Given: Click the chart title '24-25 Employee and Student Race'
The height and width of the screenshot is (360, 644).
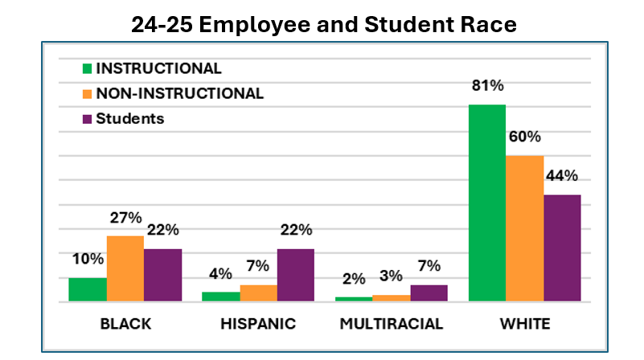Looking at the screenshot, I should pyautogui.click(x=324, y=25).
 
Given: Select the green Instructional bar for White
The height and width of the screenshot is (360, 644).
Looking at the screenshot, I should pyautogui.click(x=486, y=203).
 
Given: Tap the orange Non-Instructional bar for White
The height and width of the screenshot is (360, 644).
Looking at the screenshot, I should pyautogui.click(x=524, y=228).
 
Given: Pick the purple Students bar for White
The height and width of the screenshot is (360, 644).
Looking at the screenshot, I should pyautogui.click(x=561, y=248).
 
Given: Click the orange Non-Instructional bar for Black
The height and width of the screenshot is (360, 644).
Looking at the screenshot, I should pyautogui.click(x=125, y=269).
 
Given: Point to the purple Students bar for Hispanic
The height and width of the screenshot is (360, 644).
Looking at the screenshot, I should pyautogui.click(x=295, y=276).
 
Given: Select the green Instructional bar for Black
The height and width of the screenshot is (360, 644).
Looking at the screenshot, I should pyautogui.click(x=88, y=289).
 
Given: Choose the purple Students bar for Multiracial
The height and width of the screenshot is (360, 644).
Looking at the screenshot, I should pyautogui.click(x=429, y=293).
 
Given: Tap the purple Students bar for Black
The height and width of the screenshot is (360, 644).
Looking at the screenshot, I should pyautogui.click(x=162, y=276).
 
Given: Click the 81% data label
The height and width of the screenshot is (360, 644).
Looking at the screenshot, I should pyautogui.click(x=487, y=86).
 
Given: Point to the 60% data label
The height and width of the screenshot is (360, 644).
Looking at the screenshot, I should pyautogui.click(x=524, y=137).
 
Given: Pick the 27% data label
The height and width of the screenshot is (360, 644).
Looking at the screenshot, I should pyautogui.click(x=125, y=218).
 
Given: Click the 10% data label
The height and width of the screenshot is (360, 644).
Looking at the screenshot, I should pyautogui.click(x=87, y=260).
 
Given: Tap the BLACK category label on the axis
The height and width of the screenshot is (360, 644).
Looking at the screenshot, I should pyautogui.click(x=125, y=325).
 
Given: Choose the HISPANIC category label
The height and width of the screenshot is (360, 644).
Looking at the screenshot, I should pyautogui.click(x=258, y=325).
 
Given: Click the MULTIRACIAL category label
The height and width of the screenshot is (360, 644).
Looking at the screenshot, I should pyautogui.click(x=391, y=325).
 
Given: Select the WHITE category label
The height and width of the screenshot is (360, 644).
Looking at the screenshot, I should pyautogui.click(x=523, y=325).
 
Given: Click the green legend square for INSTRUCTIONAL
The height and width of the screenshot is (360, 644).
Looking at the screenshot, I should pyautogui.click(x=88, y=68).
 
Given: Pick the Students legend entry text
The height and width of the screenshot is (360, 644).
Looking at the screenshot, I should pyautogui.click(x=130, y=118).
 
